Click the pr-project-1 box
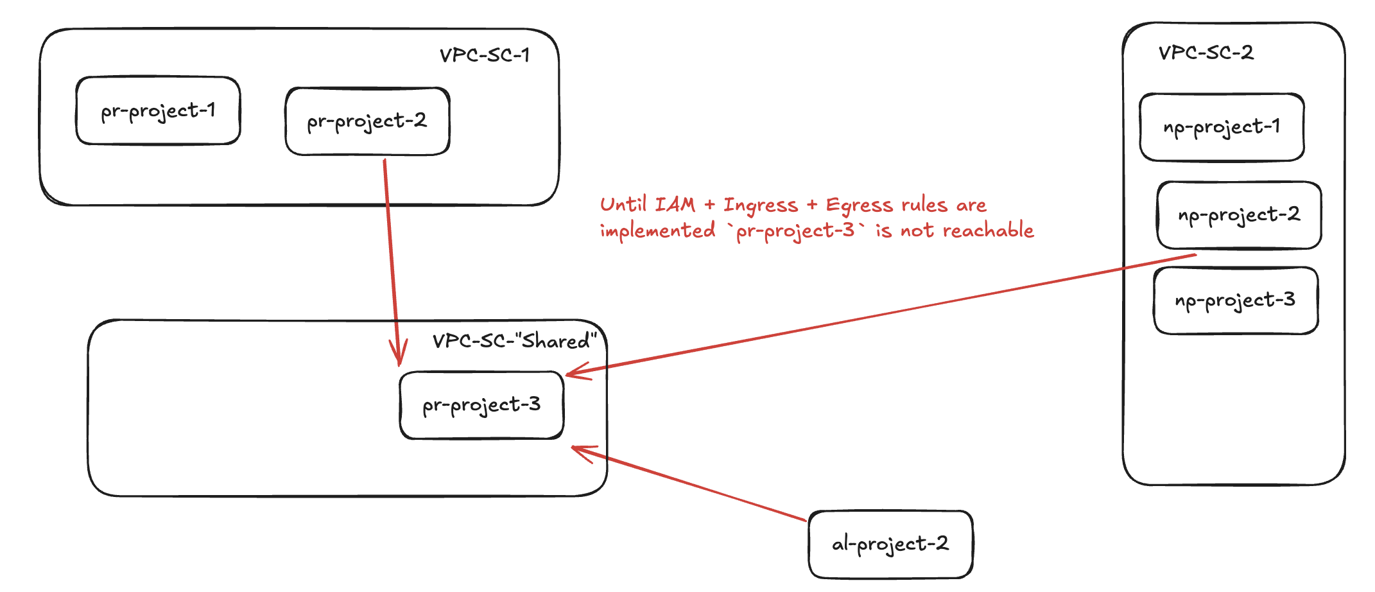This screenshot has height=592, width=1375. (x=158, y=111)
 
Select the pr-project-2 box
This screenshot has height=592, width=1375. (x=367, y=121)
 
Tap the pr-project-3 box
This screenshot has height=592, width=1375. (x=481, y=405)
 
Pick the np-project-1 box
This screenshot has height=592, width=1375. (x=1222, y=127)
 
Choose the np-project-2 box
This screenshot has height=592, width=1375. (x=1239, y=215)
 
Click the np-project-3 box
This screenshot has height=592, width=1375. (x=1236, y=300)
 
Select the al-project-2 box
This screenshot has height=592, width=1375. (x=890, y=544)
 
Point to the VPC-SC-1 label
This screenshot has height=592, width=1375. (x=485, y=55)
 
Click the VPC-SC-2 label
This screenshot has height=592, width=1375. (x=1206, y=53)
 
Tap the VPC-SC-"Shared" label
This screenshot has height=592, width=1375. (x=514, y=340)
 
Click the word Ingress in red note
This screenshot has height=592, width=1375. (x=761, y=205)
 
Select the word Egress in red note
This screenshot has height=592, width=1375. (x=859, y=205)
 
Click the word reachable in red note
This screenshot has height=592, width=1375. (x=989, y=231)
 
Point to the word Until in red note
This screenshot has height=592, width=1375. (x=623, y=205)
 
